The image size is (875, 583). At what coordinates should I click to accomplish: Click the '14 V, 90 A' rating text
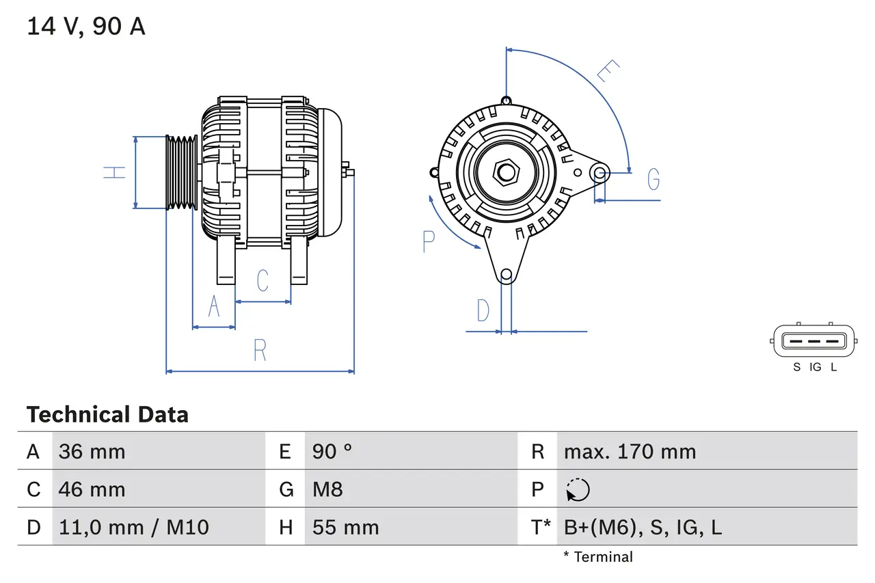point(86,27)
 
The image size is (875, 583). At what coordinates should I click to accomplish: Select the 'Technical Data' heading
point(107,415)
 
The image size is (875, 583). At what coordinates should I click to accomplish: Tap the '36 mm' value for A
point(92,452)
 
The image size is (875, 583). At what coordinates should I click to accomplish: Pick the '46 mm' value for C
point(92,489)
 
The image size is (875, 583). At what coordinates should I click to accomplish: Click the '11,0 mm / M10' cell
point(133,527)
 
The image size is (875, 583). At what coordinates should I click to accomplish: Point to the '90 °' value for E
point(332,452)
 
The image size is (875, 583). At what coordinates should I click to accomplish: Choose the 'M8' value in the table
point(327,489)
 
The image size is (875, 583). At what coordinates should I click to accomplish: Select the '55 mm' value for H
point(345,527)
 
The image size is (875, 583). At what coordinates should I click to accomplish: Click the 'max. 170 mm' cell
point(630,452)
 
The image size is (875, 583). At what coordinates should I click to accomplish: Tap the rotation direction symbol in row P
point(578,490)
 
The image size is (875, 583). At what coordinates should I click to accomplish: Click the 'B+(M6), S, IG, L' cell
point(643,527)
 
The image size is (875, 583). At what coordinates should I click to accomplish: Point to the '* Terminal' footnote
point(598,557)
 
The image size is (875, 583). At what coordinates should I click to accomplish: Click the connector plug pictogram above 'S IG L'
point(814,340)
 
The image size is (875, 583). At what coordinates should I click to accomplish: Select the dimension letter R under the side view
point(260,351)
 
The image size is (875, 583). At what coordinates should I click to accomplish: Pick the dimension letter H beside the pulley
point(116,172)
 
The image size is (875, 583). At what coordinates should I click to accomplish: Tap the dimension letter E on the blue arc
point(607,70)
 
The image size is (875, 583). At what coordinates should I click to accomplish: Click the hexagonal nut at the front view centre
point(506,172)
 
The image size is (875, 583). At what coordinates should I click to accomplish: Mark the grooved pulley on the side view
point(182,172)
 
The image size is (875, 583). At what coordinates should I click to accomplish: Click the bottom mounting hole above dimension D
point(506,275)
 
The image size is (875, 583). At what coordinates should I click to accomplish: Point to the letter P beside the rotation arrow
point(429,241)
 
